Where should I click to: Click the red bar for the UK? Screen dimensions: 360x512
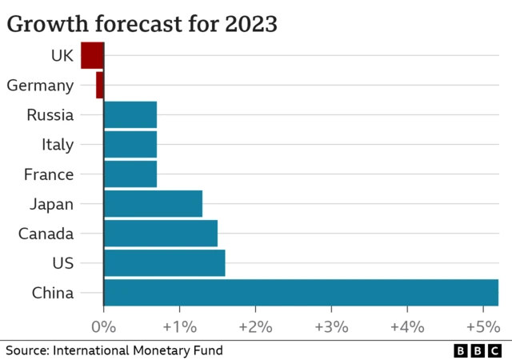click(92, 55)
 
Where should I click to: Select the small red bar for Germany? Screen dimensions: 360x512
click(100, 85)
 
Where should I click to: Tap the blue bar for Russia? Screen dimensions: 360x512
click(130, 114)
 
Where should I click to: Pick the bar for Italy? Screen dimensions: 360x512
click(130, 144)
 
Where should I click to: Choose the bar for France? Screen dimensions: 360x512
click(130, 174)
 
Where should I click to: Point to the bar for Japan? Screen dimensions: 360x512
click(153, 203)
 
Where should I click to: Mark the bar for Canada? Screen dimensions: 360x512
click(161, 233)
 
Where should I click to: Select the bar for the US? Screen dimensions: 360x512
click(164, 262)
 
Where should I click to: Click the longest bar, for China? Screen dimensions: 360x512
click(301, 292)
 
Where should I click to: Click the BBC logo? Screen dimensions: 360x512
click(478, 350)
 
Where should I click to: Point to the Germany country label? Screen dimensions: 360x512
click(40, 85)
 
